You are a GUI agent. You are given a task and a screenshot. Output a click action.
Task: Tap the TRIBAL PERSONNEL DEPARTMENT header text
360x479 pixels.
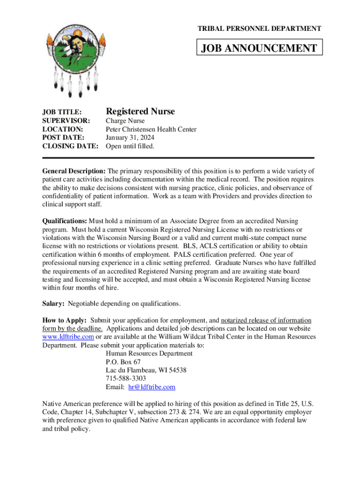tap(259, 29)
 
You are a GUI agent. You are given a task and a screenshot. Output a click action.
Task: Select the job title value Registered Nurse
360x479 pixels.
tap(140, 111)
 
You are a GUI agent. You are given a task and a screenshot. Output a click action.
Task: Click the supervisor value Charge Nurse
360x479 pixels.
tap(125, 121)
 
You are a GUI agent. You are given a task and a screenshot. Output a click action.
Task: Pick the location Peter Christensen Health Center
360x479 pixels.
tap(151, 130)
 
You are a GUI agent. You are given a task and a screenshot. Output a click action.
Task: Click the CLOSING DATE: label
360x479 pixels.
tap(70, 146)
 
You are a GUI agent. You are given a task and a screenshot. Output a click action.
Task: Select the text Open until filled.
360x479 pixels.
tap(130, 146)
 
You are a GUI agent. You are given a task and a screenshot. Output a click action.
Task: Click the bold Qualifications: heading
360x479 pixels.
tap(65, 221)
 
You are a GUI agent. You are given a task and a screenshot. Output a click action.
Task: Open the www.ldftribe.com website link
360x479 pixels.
tap(68, 337)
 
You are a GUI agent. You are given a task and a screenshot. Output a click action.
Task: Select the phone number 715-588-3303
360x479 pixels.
tap(126, 378)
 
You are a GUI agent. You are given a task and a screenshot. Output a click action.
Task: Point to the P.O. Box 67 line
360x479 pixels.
tap(123, 362)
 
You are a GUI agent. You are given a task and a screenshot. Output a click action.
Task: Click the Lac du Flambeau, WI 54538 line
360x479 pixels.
tap(146, 370)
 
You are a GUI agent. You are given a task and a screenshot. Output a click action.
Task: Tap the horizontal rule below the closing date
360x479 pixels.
tap(178, 159)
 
